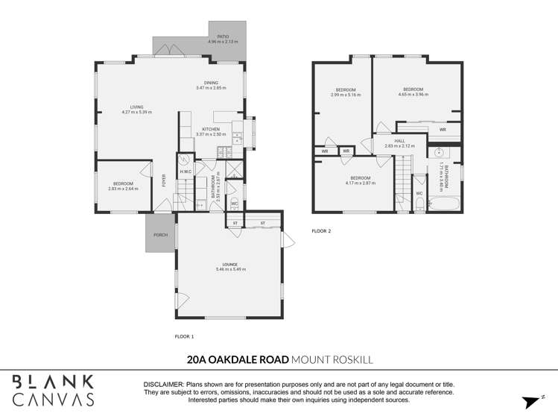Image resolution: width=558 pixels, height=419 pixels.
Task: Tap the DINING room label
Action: (x=211, y=83)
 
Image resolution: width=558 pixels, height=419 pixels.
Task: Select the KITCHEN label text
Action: (x=210, y=129)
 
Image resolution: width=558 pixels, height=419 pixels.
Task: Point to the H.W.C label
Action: (x=186, y=171)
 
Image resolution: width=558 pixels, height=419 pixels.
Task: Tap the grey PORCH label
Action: (x=159, y=235)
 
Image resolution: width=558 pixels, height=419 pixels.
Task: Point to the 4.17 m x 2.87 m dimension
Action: (x=361, y=183)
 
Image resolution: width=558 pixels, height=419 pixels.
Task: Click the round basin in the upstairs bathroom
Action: (x=437, y=153)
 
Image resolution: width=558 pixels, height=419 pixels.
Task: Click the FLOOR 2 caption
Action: (x=321, y=231)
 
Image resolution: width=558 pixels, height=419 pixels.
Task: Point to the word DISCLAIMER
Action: (x=168, y=384)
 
